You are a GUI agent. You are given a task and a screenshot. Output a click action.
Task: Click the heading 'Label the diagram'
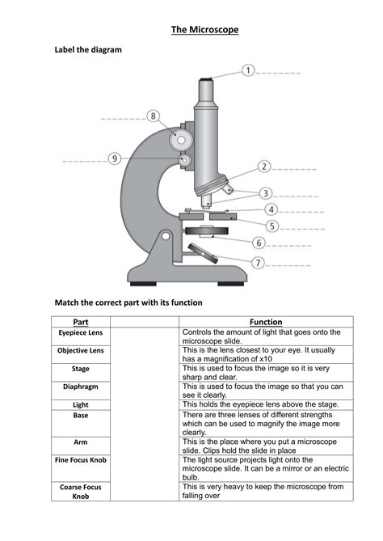(88, 50)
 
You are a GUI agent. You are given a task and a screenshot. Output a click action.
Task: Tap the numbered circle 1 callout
(248, 71)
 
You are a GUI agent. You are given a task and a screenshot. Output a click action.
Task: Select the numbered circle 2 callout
(263, 167)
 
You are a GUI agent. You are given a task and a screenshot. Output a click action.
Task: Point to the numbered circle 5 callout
(272, 226)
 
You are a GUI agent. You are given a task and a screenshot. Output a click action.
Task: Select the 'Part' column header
(80, 321)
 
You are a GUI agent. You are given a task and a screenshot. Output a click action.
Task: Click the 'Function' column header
(265, 321)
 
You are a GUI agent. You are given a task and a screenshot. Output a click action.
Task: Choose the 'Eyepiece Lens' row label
(80, 332)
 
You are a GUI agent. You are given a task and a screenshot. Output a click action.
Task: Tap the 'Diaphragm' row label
(80, 387)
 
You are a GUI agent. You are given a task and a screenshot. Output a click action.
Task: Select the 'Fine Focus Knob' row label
(80, 460)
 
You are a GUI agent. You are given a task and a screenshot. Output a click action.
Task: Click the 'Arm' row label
(80, 442)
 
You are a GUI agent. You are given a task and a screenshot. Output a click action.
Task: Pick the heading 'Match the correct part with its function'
(128, 302)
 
